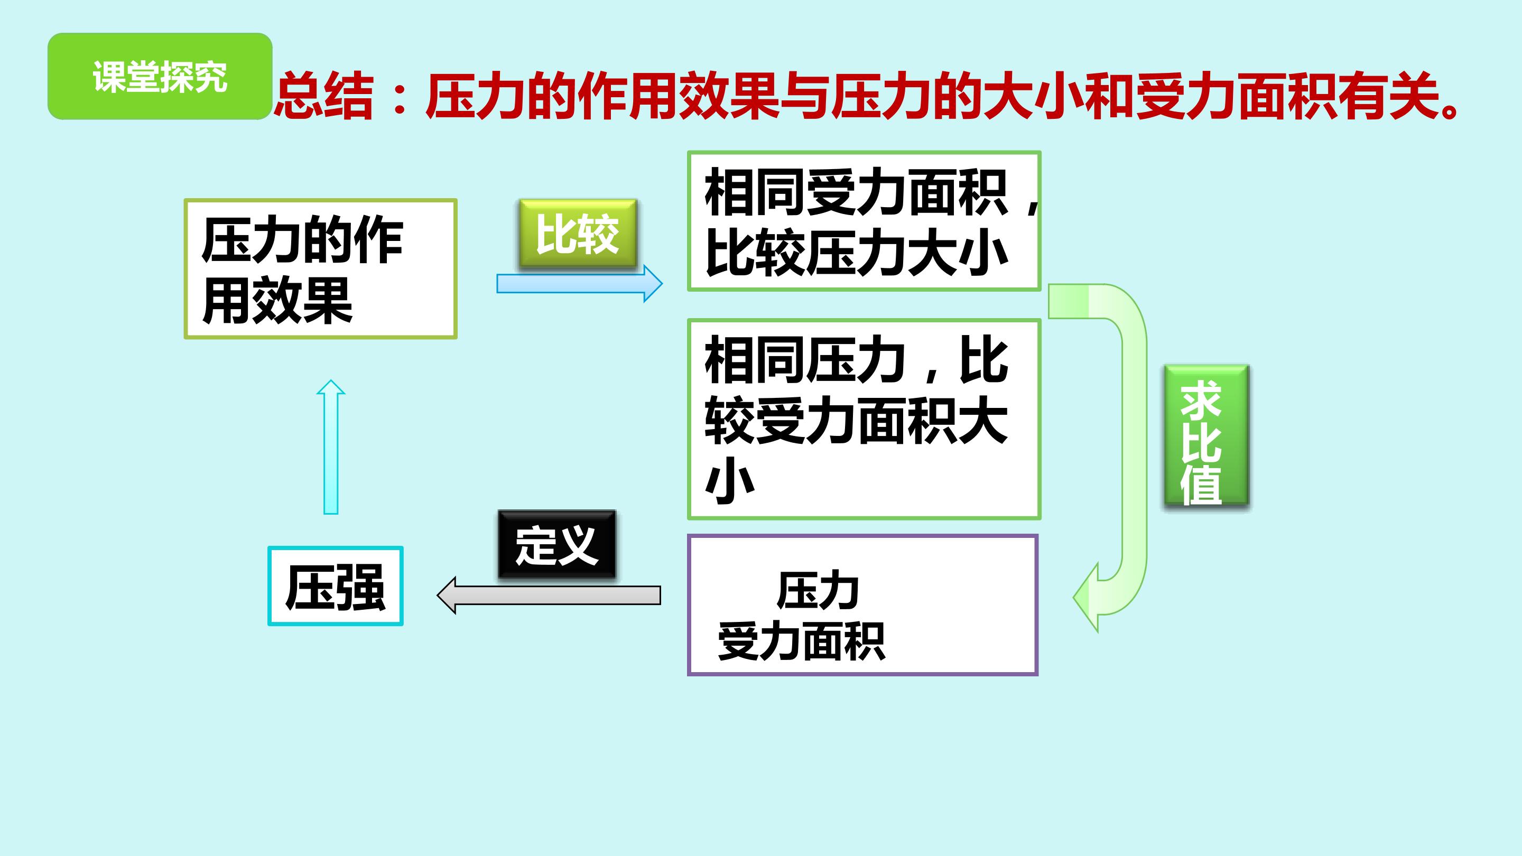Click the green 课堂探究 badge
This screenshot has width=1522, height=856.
pyautogui.click(x=160, y=76)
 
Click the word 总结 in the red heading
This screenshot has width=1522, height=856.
pyautogui.click(x=324, y=96)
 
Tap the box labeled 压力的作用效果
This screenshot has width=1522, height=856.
pyautogui.click(x=320, y=269)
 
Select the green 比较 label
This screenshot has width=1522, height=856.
pyautogui.click(x=577, y=234)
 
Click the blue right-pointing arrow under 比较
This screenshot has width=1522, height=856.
pyautogui.click(x=579, y=284)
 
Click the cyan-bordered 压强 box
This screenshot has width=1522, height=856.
pyautogui.click(x=335, y=586)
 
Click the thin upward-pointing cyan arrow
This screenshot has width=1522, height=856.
pyautogui.click(x=331, y=446)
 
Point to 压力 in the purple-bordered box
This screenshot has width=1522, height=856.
pyautogui.click(x=817, y=591)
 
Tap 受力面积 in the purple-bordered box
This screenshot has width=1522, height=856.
pyautogui.click(x=801, y=641)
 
